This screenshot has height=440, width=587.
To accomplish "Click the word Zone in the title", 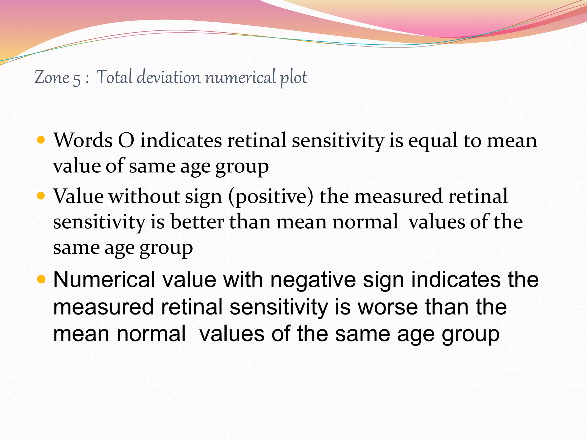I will tap(52, 77).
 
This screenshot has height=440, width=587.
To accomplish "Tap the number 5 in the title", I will tap(77, 79).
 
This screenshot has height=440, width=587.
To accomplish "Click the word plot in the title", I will tap(293, 78).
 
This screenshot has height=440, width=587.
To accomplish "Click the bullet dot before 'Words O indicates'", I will tap(41, 140).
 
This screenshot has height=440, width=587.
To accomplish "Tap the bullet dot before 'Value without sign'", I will tap(41, 196).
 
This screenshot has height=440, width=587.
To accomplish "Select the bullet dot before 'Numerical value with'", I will tap(41, 279).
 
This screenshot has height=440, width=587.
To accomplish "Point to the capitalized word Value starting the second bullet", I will tap(78, 197).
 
